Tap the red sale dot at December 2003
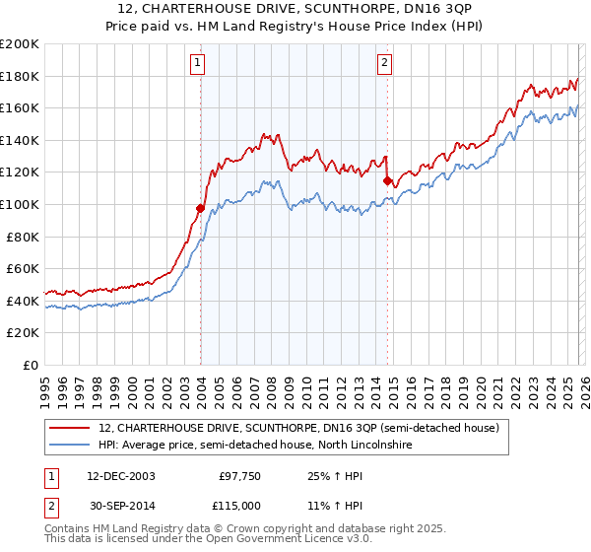[200, 208]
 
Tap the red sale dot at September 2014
[387, 180]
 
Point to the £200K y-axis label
[20, 44]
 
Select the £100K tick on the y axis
[20, 204]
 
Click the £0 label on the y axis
[30, 365]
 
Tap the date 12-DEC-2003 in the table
[120, 475]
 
